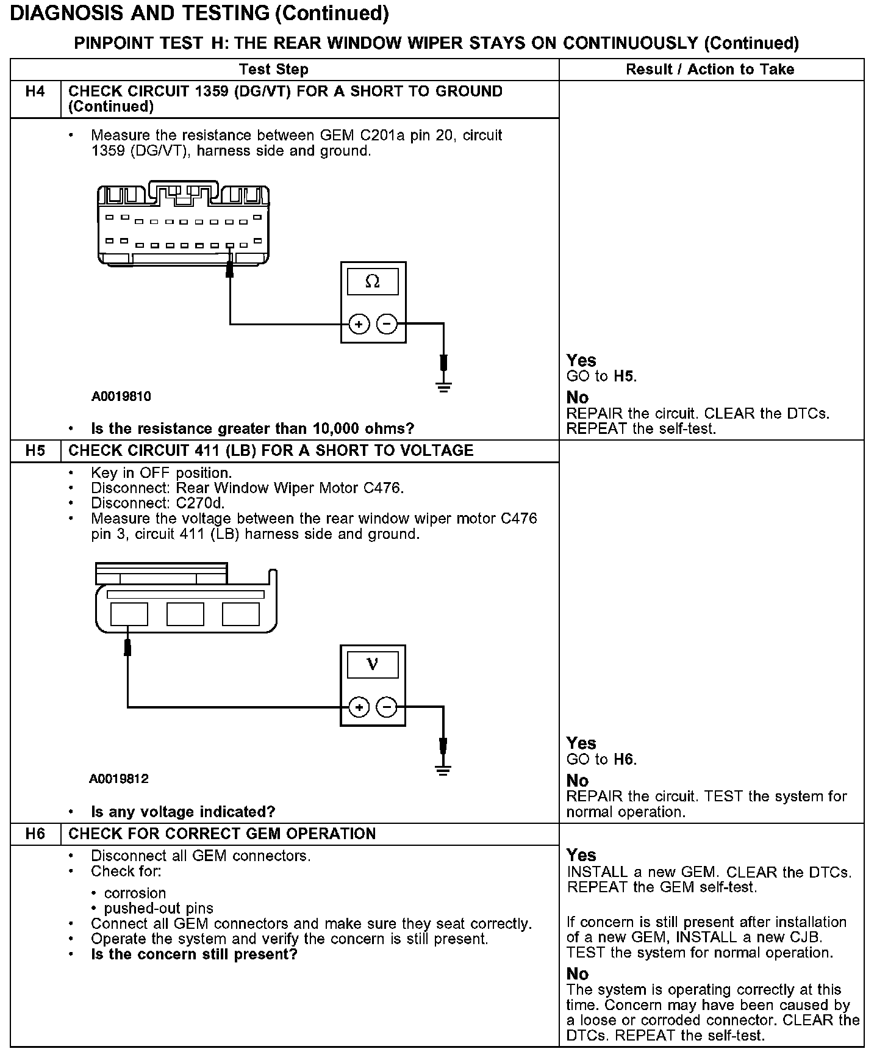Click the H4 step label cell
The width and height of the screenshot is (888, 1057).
[35, 92]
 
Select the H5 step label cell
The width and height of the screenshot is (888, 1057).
[35, 451]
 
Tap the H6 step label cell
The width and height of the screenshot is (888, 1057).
[35, 834]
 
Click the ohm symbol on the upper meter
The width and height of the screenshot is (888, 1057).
[372, 282]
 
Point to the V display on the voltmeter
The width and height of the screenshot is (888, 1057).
[373, 665]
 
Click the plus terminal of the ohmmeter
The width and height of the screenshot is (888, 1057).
[359, 324]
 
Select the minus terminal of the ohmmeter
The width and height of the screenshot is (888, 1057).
[387, 324]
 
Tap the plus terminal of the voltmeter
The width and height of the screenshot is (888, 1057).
[359, 707]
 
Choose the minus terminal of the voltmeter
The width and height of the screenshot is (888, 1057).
[387, 707]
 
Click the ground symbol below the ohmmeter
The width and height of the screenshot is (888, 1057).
[444, 386]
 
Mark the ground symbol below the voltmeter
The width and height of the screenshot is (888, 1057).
[444, 770]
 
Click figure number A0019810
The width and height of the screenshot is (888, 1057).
[121, 397]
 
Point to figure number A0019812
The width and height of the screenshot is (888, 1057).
[119, 779]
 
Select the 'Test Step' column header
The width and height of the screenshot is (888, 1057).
[274, 70]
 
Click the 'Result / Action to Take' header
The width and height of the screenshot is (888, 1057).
[710, 70]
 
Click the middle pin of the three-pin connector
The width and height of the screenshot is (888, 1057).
[185, 614]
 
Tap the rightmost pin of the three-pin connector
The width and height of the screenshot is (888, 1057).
[240, 614]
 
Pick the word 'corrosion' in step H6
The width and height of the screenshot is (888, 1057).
[135, 893]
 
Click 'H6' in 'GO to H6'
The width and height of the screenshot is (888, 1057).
[623, 760]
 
